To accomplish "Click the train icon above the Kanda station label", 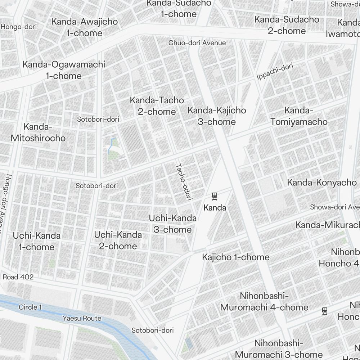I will pos(215,196).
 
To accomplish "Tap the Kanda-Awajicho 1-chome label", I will pos(84,27).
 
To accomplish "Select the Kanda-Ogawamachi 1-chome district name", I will pos(64,70).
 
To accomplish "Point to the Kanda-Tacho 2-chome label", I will pos(157,106).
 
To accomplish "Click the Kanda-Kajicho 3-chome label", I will pos(217,116).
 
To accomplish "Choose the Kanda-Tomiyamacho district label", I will pos(299,116).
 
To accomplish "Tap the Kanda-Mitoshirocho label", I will pos(38,132).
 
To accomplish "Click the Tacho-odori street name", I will pos(184,181).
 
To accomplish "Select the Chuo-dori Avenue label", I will pos(197,43).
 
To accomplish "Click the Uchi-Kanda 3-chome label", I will pos(173,224).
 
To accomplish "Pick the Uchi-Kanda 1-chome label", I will pos(37,241).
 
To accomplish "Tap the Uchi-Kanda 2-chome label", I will pos(118,240).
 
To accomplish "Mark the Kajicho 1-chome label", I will pos(235,257).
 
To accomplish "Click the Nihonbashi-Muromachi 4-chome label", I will pos(264,302).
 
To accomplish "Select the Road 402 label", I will pos(18,277).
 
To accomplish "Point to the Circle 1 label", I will pos(30,307).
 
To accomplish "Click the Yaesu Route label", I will pos(82,318).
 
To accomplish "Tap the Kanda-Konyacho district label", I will pos(321,183).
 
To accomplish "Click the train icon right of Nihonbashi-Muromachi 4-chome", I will pos(325,311).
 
